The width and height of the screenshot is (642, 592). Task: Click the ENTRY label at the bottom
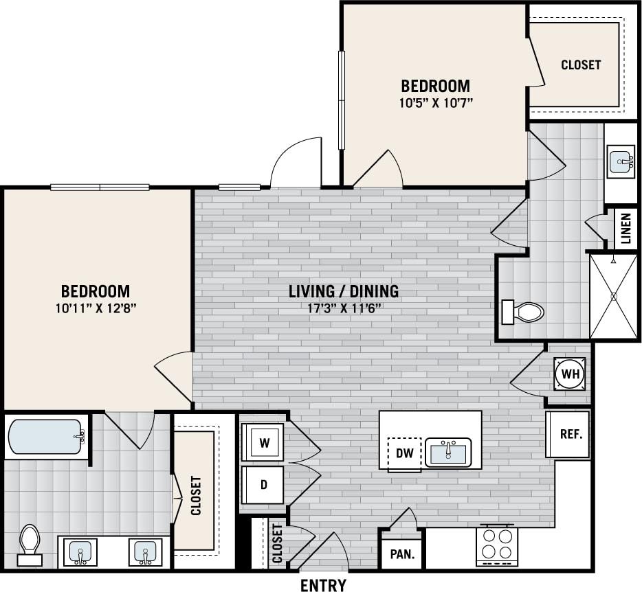(x=322, y=584)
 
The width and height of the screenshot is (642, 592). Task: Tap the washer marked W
(x=263, y=443)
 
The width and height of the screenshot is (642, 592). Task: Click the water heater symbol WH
(x=570, y=374)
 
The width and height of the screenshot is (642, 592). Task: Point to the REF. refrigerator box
(x=570, y=434)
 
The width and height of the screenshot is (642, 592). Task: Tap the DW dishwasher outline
(x=405, y=453)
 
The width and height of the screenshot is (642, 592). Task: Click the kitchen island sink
(x=448, y=453)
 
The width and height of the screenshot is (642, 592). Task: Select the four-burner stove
(x=497, y=545)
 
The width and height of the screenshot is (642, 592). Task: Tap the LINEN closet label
(x=626, y=229)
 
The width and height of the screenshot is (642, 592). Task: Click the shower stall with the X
(x=614, y=295)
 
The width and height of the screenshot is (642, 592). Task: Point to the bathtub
(x=45, y=437)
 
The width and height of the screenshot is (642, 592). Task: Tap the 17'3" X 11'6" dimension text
(x=343, y=308)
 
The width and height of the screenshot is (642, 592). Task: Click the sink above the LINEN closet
(x=621, y=163)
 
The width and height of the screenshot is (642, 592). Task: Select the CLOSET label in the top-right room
(x=581, y=65)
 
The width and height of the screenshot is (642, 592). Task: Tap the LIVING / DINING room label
(x=343, y=291)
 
